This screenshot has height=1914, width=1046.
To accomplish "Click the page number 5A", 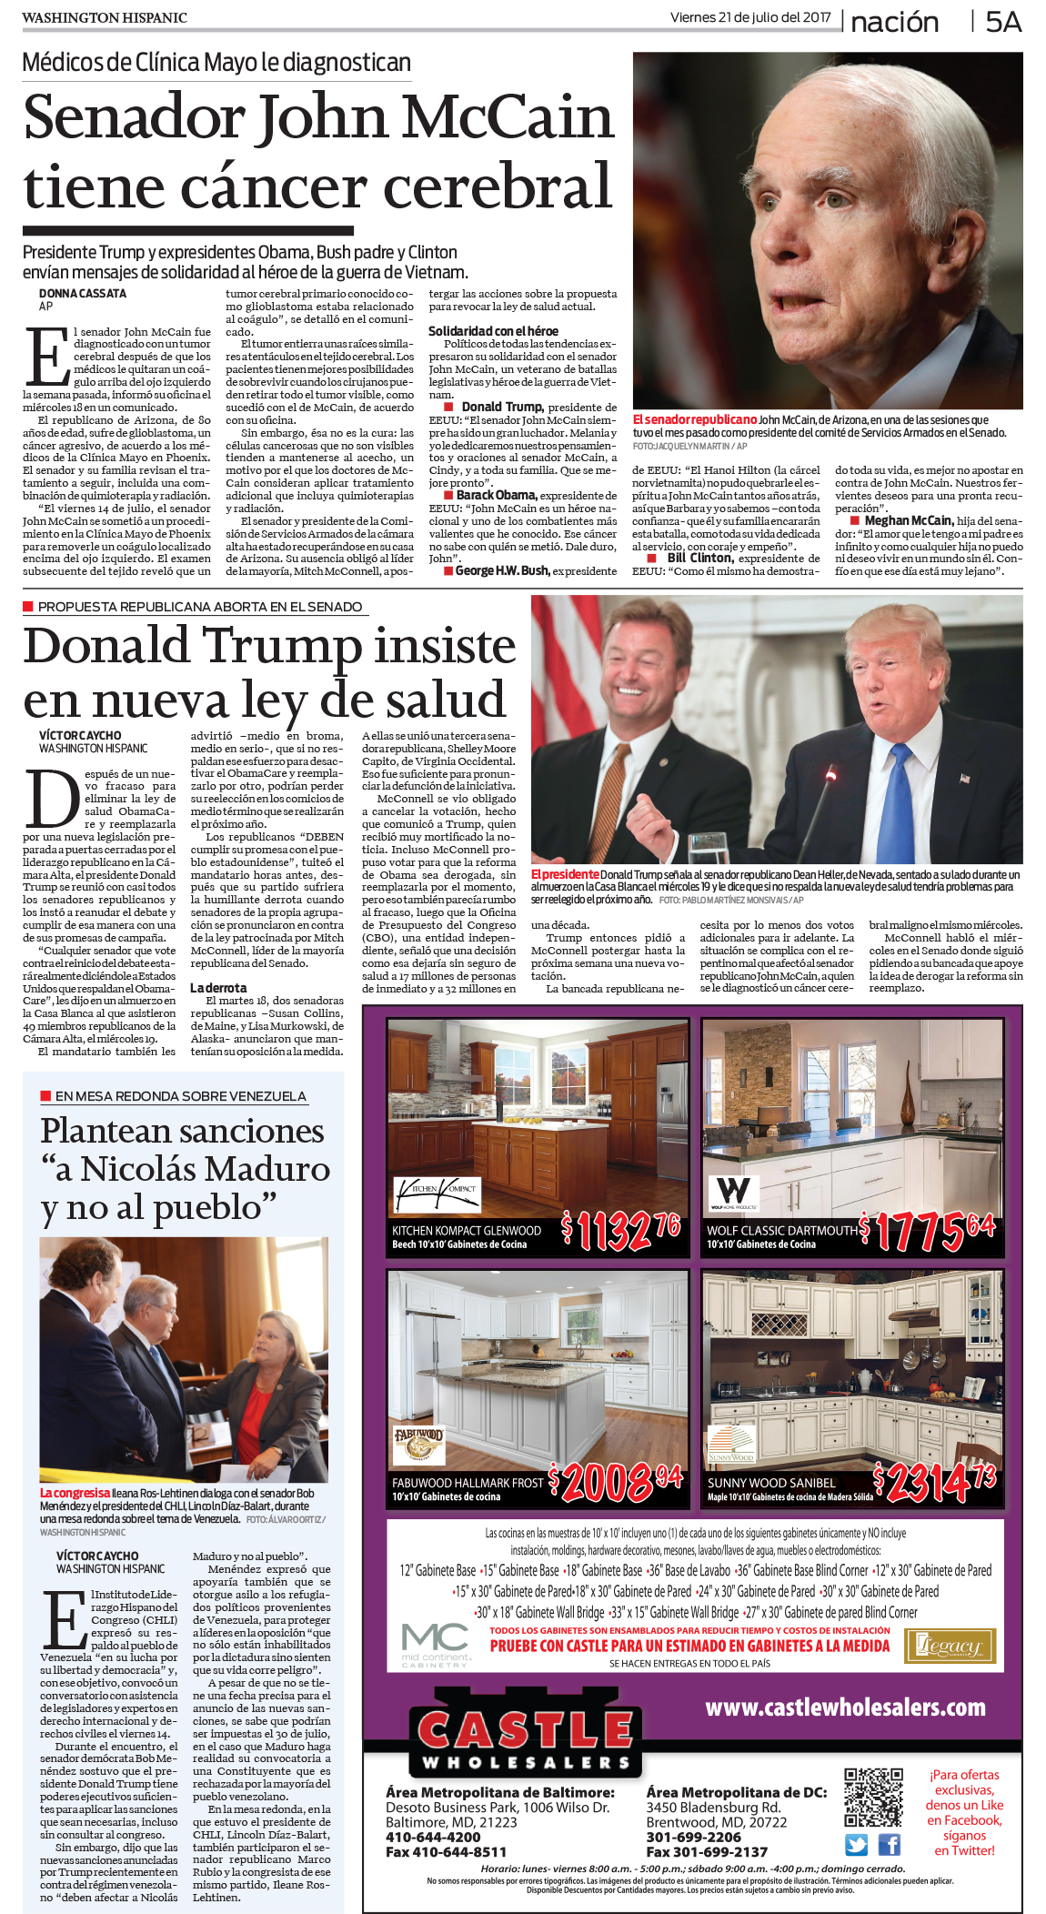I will (x=1003, y=22).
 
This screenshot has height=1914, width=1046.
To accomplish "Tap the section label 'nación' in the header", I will (x=894, y=22).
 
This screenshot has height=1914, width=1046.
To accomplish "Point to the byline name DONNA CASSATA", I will (x=83, y=294).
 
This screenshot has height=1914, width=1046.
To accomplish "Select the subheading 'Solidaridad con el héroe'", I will (x=493, y=331).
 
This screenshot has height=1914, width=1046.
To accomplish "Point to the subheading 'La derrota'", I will (x=218, y=987).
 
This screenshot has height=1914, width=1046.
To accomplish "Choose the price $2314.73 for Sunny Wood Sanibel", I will (x=935, y=1484).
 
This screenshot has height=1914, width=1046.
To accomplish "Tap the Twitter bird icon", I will (x=856, y=1845).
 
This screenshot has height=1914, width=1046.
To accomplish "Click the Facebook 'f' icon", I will (x=889, y=1845).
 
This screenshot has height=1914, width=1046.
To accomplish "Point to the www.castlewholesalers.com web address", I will (x=845, y=1707).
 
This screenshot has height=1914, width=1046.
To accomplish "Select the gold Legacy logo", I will (x=950, y=1646).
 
